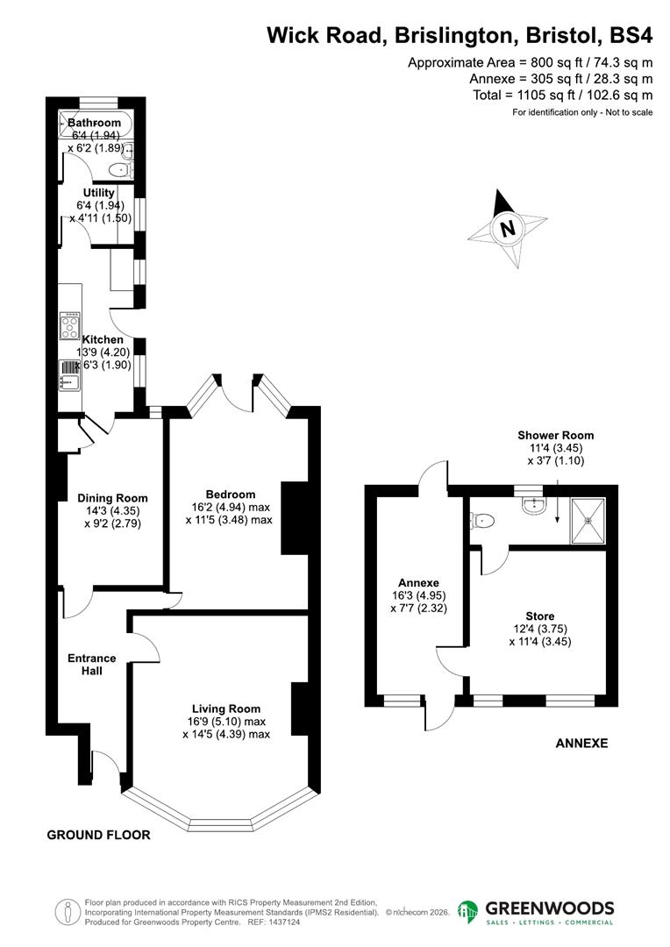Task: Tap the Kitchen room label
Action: pos(103,339)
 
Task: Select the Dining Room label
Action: pos(112,499)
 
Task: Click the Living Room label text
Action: pos(226,708)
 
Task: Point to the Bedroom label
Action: pos(230,494)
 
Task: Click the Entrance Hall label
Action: pos(91,664)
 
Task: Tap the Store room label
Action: pos(541,616)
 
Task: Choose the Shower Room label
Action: pos(555,435)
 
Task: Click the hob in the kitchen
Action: pos(69,326)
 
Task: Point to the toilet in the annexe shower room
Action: pos(483,521)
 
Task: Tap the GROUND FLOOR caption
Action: pos(98,836)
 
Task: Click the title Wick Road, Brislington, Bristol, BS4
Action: pos(460,35)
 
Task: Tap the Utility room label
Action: pos(98,193)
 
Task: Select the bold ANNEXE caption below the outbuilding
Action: pos(581,744)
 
